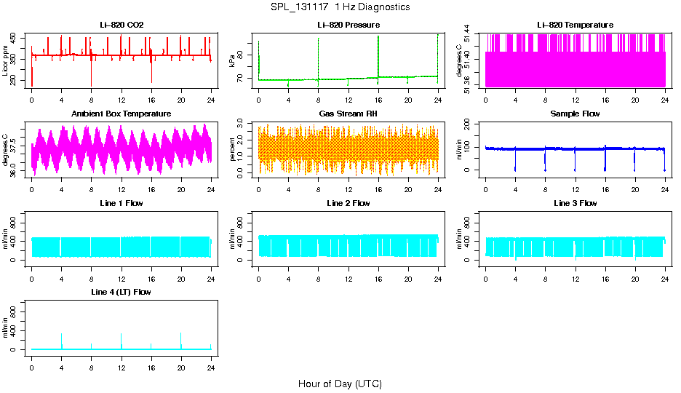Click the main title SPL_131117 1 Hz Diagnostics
tap(340, 7)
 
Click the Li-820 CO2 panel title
tap(122, 25)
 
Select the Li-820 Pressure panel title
tap(349, 25)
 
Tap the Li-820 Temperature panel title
tap(575, 25)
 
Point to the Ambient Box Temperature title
tap(122, 114)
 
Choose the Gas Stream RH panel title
tap(349, 114)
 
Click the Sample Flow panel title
tap(575, 114)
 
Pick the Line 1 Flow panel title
tap(122, 203)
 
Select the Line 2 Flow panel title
tap(349, 203)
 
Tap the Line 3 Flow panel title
tap(575, 203)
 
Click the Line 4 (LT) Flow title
tap(122, 292)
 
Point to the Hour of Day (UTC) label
tap(340, 384)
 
